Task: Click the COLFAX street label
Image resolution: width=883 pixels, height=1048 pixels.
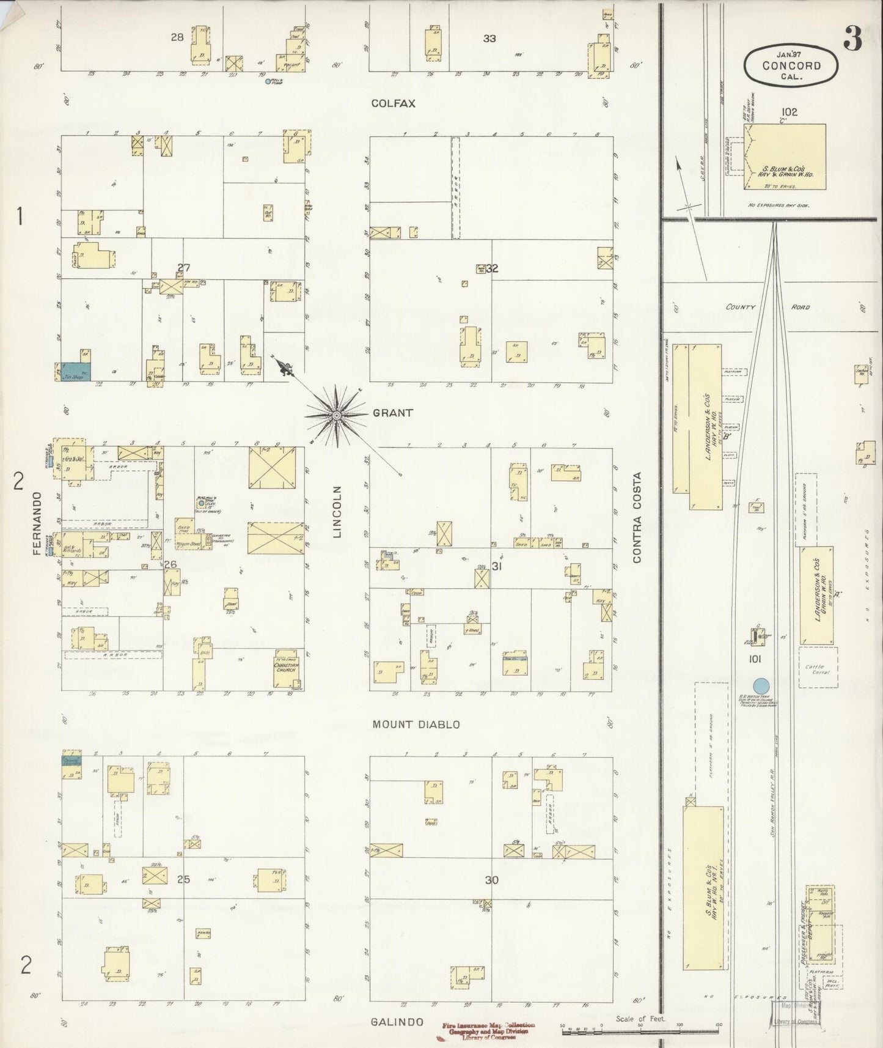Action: (393, 104)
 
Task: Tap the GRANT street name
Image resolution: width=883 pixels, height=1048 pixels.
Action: (392, 413)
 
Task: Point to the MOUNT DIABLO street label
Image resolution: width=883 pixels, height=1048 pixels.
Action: (416, 725)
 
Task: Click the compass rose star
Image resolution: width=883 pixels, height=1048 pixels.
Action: (335, 416)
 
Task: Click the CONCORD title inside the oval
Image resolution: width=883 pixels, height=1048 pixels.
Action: (791, 66)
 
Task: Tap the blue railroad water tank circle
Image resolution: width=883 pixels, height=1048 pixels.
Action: (761, 685)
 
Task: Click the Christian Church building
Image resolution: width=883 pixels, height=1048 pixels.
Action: (286, 668)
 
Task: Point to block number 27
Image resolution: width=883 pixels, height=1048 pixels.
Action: (184, 267)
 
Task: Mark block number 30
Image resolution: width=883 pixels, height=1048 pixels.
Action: (492, 880)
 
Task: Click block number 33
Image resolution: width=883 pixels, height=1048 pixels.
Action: (489, 39)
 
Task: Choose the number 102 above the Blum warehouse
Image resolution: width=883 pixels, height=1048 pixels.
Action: (788, 113)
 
